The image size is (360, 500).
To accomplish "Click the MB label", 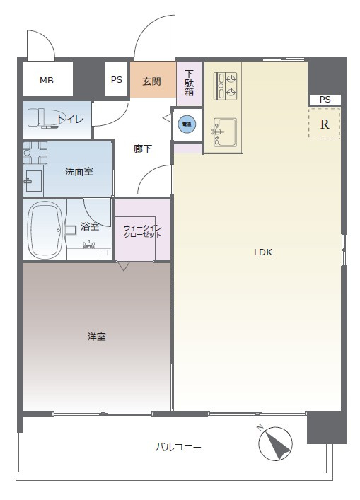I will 46,81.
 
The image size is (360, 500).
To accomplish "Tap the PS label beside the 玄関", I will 117,81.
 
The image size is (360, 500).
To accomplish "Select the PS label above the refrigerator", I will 325,100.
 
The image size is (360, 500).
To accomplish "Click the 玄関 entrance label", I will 151,81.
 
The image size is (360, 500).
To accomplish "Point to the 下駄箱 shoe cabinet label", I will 190,83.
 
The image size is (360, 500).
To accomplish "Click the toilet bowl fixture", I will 42,119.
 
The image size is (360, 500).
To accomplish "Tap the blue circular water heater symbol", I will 187,124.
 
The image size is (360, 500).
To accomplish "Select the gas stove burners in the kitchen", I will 224,84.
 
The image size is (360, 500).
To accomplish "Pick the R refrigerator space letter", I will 325,125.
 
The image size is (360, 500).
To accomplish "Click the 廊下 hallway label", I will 143,149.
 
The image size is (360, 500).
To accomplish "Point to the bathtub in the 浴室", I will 45,229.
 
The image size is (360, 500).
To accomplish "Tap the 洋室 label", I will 97,337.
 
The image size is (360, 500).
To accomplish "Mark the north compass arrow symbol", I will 276,443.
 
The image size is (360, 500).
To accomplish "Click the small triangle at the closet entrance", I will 124,267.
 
